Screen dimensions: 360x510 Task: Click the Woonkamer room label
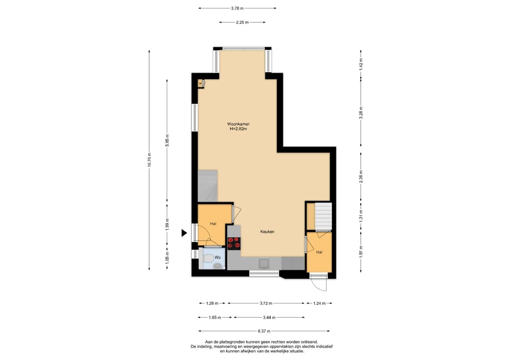[x=238, y=124]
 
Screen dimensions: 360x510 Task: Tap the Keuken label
[x=267, y=232]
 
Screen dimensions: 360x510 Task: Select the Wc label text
[x=218, y=258]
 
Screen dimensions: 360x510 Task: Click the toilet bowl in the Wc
[x=208, y=258]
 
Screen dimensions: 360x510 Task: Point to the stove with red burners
[x=234, y=243]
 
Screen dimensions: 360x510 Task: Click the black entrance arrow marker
[x=184, y=232]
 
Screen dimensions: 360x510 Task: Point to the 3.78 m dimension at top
[x=238, y=8]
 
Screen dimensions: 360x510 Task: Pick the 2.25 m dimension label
[x=242, y=22]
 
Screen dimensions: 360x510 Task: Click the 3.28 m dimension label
[x=361, y=114]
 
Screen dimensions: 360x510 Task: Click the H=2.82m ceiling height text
[x=238, y=129]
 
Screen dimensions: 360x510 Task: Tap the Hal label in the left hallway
[x=213, y=224]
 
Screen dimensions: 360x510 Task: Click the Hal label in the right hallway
[x=320, y=252]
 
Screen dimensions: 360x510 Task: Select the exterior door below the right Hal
[x=319, y=283]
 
